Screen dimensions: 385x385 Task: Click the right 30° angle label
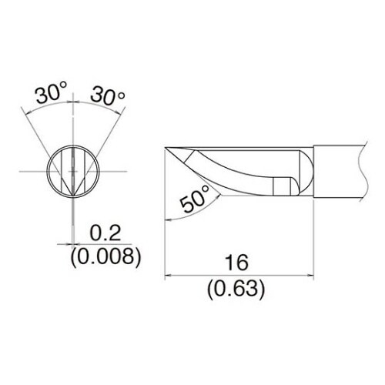[x=108, y=96]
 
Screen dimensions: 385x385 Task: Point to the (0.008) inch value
[x=105, y=257]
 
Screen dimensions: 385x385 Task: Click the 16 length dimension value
[x=236, y=263]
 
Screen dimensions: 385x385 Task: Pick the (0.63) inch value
[x=236, y=290]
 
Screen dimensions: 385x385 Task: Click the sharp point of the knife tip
[x=165, y=148]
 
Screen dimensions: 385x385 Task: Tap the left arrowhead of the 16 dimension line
[x=168, y=276]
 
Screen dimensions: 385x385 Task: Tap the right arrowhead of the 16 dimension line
[x=310, y=276]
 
